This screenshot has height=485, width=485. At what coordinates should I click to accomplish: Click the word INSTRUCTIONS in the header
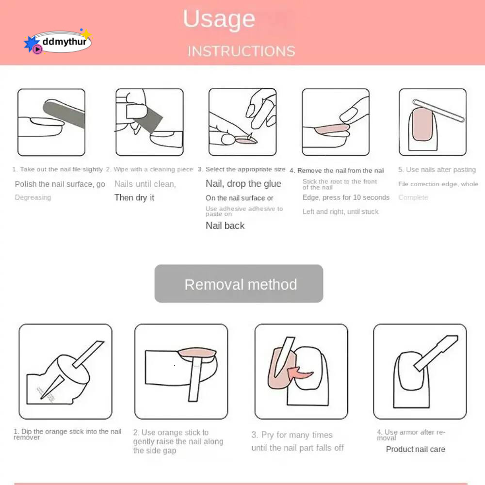coord(241,51)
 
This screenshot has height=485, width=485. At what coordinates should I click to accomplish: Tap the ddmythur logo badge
coord(58,41)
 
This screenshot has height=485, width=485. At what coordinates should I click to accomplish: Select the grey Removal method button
coord(239,283)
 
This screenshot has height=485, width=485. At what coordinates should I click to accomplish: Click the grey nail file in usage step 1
coord(64,113)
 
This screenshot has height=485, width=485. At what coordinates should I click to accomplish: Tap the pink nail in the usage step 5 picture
coord(422,124)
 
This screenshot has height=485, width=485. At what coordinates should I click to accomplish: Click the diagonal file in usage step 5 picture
coord(438,111)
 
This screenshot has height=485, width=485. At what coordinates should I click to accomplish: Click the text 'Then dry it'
coord(134,198)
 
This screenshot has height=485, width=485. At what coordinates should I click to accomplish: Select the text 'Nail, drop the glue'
coord(243,184)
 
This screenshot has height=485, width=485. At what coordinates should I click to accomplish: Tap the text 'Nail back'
coord(225,226)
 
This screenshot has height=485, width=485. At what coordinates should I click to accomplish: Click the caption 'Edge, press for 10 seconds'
coord(346,197)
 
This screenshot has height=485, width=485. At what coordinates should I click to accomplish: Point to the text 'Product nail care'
coord(416,449)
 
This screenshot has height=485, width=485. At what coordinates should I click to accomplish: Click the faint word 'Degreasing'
coord(33,197)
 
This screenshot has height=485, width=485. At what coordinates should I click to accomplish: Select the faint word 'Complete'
coord(413,197)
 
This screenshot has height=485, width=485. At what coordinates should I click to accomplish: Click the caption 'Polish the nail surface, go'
coord(60,184)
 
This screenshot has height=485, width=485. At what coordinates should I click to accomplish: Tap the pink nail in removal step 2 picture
coord(197,353)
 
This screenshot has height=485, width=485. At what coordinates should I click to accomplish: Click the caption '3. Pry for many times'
coord(292,435)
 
